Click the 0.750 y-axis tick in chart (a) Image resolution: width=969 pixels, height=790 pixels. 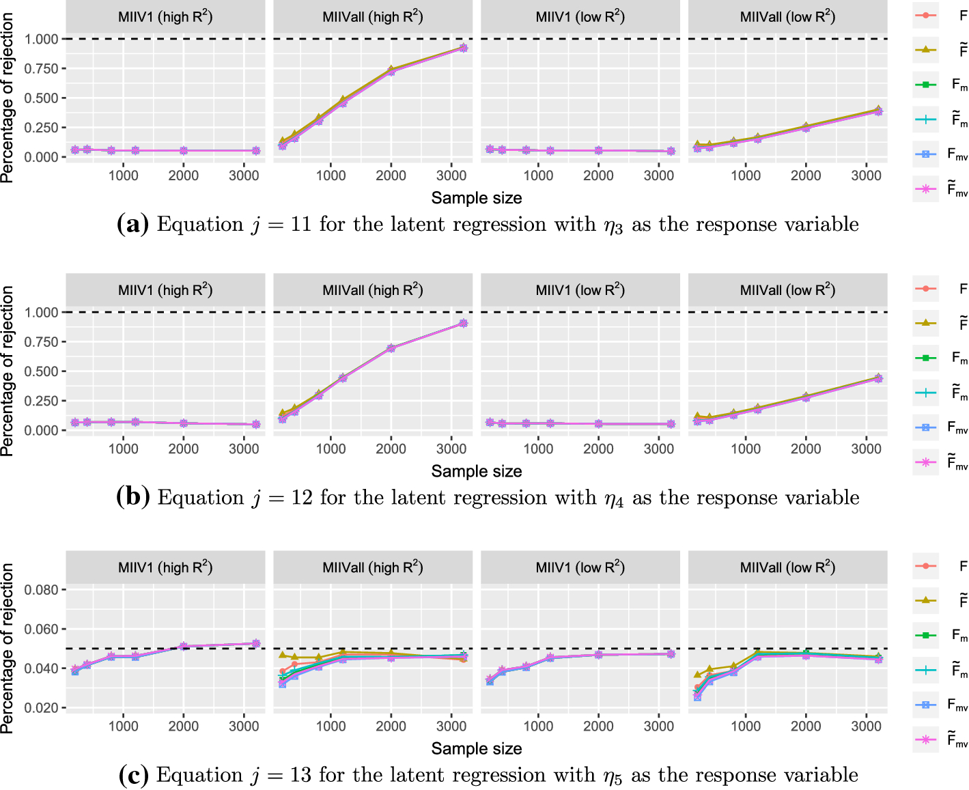pyautogui.click(x=42, y=68)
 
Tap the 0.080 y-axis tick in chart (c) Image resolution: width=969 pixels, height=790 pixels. pyautogui.click(x=42, y=589)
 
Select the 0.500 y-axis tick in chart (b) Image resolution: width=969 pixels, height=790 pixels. pyautogui.click(x=42, y=371)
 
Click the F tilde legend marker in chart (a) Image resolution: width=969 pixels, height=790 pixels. pyautogui.click(x=926, y=50)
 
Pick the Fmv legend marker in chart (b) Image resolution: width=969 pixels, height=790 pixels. pyautogui.click(x=926, y=427)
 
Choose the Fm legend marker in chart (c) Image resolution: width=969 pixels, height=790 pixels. pyautogui.click(x=926, y=635)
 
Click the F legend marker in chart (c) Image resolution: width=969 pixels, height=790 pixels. pyautogui.click(x=926, y=566)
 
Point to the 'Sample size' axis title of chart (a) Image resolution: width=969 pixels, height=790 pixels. pyautogui.click(x=477, y=198)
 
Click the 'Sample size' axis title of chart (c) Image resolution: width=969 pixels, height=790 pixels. pyautogui.click(x=477, y=748)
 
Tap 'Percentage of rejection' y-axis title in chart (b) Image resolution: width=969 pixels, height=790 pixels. pyautogui.click(x=8, y=371)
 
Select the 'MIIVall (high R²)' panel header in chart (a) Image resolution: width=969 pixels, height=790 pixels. pyautogui.click(x=373, y=17)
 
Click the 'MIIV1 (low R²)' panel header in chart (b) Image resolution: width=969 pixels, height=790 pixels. pyautogui.click(x=580, y=290)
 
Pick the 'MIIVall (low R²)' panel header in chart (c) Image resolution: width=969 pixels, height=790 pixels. pyautogui.click(x=787, y=567)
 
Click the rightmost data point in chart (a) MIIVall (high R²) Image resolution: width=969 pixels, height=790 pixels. pyautogui.click(x=463, y=48)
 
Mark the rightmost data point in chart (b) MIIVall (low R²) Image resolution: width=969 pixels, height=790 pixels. pyautogui.click(x=878, y=378)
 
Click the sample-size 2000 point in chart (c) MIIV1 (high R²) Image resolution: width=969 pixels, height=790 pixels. pyautogui.click(x=183, y=646)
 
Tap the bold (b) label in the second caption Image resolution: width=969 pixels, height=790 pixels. pyautogui.click(x=132, y=498)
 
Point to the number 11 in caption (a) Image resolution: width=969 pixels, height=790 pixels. pyautogui.click(x=301, y=225)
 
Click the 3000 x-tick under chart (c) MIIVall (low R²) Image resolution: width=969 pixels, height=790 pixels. pyautogui.click(x=866, y=726)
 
